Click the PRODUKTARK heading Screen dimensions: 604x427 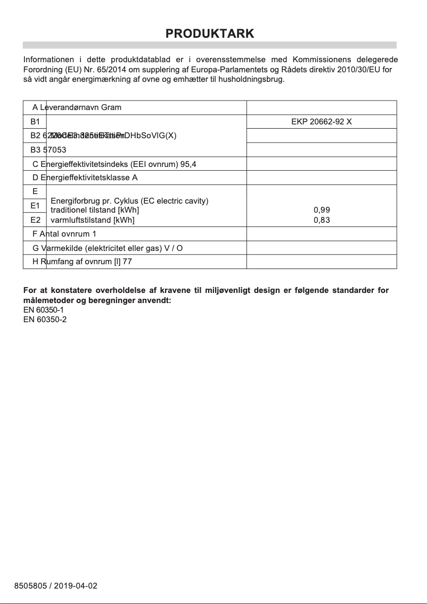coord(210,33)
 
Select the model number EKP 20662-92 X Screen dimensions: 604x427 coord(322,121)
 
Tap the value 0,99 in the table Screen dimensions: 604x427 coord(322,210)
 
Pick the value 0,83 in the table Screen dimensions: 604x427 coord(322,220)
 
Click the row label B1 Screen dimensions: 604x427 coord(35,121)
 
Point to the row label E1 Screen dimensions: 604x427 coord(35,205)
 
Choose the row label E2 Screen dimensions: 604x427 coord(35,220)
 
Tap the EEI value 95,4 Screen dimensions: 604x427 coord(188,164)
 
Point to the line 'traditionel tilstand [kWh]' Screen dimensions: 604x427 coord(95,210)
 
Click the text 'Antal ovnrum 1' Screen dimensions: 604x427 coord(64,234)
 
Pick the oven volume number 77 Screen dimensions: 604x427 coord(127,262)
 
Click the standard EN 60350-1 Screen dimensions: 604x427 coord(45,310)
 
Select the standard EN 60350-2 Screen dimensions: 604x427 coord(45,319)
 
